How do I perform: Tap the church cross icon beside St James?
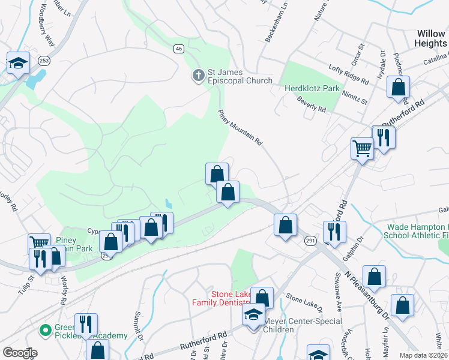tap(198, 76)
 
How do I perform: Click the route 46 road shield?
tap(179, 49)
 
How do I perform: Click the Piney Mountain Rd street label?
tap(241, 127)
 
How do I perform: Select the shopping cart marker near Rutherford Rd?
tap(362, 147)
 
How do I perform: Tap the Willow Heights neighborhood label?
tap(430, 39)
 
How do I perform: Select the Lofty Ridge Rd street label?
tap(348, 75)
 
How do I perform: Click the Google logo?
tap(20, 353)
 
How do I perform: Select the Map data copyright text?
tap(424, 355)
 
